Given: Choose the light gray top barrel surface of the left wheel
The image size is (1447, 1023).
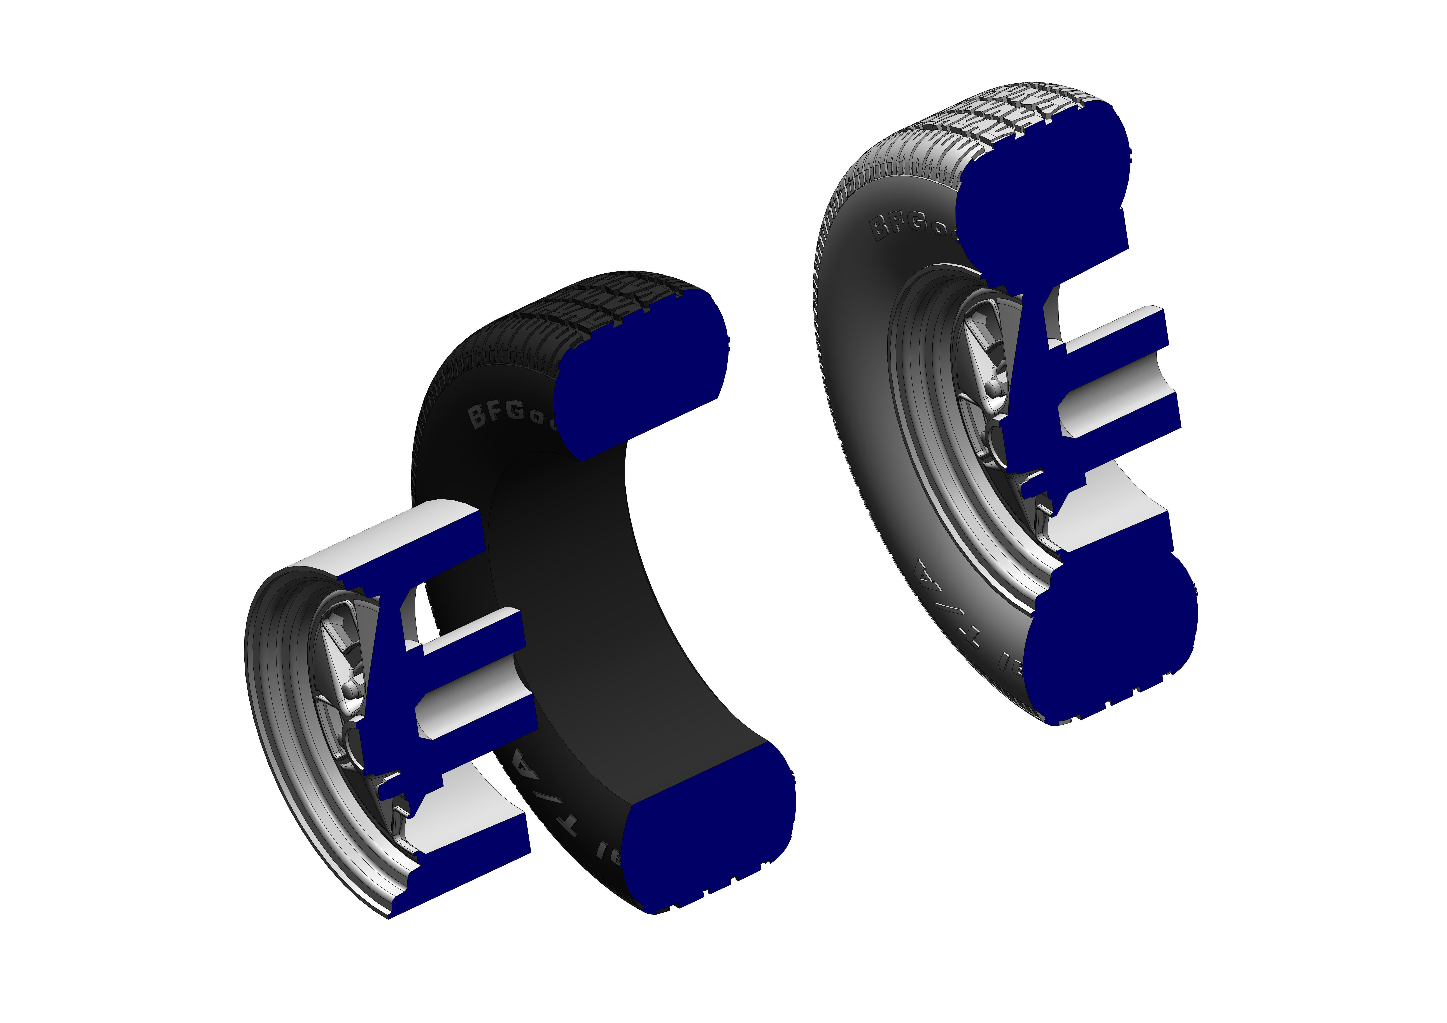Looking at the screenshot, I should pos(397,542).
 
